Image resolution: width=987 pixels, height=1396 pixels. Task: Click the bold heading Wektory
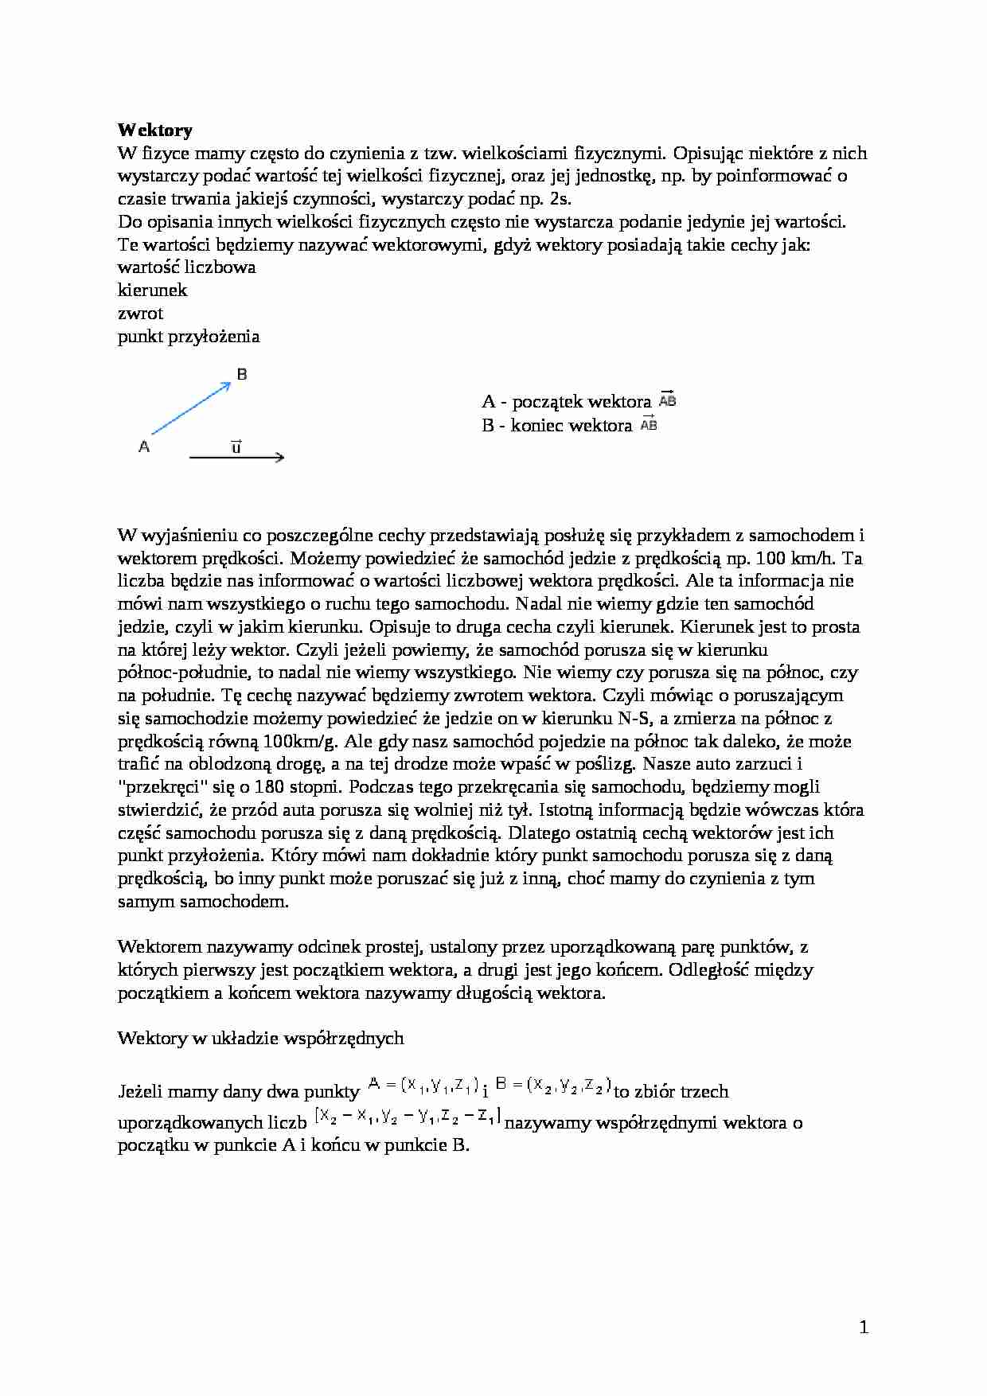pos(155,130)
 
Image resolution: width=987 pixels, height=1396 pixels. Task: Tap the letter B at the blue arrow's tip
pos(242,374)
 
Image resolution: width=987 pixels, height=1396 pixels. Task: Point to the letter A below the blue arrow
pos(144,447)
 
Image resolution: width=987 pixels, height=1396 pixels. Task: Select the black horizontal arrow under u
pos(236,458)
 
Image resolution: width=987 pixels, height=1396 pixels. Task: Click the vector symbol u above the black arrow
pos(236,446)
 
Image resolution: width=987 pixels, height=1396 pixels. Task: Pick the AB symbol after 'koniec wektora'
pos(650,424)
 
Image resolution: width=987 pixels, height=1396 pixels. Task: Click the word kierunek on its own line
pos(153,290)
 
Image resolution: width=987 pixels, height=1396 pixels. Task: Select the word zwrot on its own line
pos(140,313)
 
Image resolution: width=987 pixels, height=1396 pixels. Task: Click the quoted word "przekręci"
pos(162,787)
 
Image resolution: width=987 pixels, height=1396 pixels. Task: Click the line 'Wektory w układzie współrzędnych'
pos(260,1038)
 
